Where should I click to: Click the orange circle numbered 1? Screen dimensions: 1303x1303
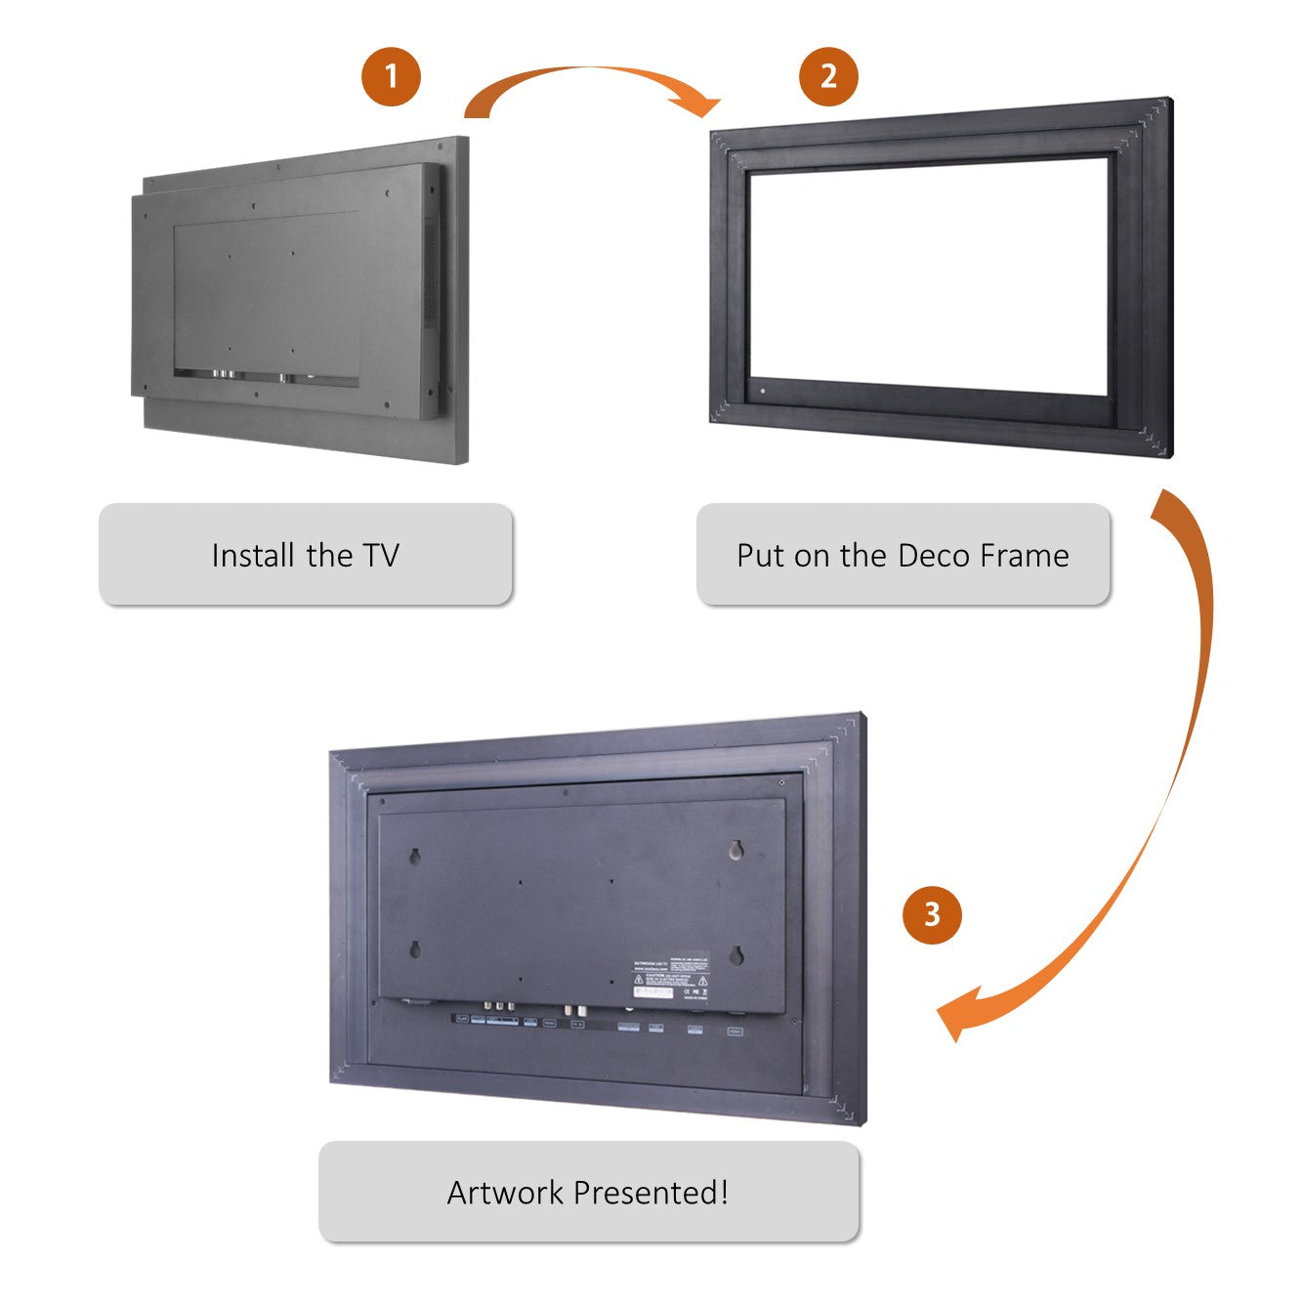coord(391,76)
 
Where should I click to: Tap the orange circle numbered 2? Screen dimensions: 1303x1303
coord(828,76)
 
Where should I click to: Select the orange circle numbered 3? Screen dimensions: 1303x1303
coord(932,914)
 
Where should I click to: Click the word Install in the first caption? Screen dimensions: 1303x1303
coord(255,556)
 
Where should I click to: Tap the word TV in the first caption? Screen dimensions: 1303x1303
coord(382,556)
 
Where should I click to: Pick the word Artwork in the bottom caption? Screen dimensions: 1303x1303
coord(506,1193)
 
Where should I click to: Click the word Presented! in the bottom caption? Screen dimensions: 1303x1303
coord(651,1193)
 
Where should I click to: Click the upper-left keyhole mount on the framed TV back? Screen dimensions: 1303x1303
coord(414,857)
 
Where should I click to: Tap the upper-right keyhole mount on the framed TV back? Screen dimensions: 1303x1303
coord(736,851)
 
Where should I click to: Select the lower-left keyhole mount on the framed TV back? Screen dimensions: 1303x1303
coord(414,948)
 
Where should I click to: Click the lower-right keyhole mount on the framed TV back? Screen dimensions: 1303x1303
coord(736,954)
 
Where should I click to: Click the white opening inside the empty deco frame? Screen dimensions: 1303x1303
coord(928,278)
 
